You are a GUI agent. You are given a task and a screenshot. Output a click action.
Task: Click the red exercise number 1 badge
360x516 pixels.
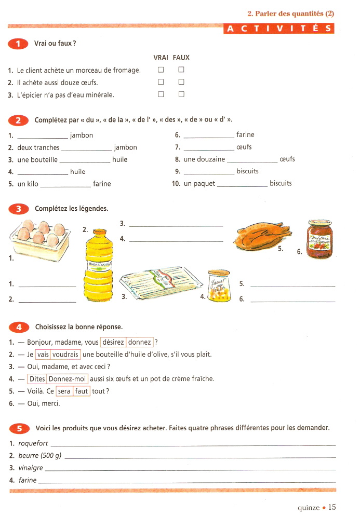point(19,44)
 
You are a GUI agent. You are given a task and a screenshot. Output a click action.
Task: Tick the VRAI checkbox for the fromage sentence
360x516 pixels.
point(161,70)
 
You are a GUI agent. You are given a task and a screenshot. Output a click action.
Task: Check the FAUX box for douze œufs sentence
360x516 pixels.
point(181,82)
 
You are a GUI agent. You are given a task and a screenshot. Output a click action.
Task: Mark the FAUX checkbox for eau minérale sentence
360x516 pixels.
point(181,94)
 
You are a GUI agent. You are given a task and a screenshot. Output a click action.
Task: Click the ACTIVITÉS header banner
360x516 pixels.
point(279,29)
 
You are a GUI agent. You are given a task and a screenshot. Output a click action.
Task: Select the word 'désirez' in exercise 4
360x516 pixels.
point(113,342)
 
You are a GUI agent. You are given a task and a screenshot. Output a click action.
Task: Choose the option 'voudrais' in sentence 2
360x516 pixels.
point(66,355)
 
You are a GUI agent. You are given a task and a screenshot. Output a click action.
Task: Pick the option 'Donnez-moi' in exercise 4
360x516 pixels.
point(68,379)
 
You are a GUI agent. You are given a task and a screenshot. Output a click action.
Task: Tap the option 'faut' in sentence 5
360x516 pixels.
point(82,391)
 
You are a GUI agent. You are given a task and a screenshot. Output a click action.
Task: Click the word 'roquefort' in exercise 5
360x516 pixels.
point(33,444)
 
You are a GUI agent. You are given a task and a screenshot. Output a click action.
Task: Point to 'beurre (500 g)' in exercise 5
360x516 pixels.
point(39,456)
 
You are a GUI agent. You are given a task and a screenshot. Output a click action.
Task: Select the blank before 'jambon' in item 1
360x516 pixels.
point(43,136)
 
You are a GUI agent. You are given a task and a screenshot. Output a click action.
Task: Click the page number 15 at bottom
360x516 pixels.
point(332,507)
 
